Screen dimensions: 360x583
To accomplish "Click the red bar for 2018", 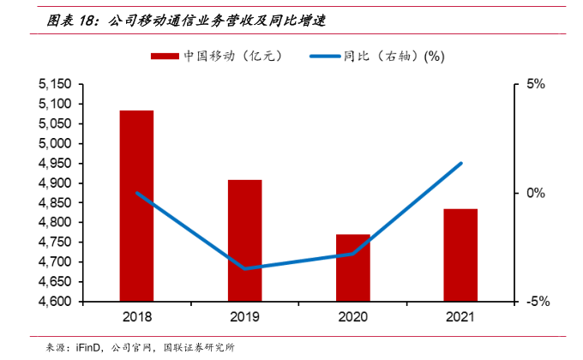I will [x=136, y=206].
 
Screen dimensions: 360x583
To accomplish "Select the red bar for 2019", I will [x=244, y=241].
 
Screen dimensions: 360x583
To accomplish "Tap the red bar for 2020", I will [x=352, y=267].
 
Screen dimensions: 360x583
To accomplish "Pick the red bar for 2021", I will [x=460, y=255].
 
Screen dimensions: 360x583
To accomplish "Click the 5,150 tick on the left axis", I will [x=55, y=84].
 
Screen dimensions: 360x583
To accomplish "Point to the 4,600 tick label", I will [x=55, y=302].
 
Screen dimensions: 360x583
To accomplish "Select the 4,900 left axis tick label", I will [x=55, y=183].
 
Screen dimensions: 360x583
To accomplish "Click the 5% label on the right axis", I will [x=536, y=84].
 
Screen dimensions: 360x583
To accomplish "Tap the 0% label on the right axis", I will [x=536, y=193].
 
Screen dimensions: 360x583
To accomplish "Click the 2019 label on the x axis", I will [x=244, y=317].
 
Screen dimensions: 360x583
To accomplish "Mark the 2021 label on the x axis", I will [x=460, y=317].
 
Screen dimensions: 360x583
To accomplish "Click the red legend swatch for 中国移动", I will [x=165, y=56].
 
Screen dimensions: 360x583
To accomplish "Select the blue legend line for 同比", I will [x=325, y=56].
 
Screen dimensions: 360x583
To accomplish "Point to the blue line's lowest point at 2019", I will [x=245, y=268].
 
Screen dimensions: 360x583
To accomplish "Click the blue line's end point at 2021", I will [x=460, y=163].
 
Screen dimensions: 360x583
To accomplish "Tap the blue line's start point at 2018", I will [x=137, y=193].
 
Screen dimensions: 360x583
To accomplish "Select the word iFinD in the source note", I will [x=89, y=347].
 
